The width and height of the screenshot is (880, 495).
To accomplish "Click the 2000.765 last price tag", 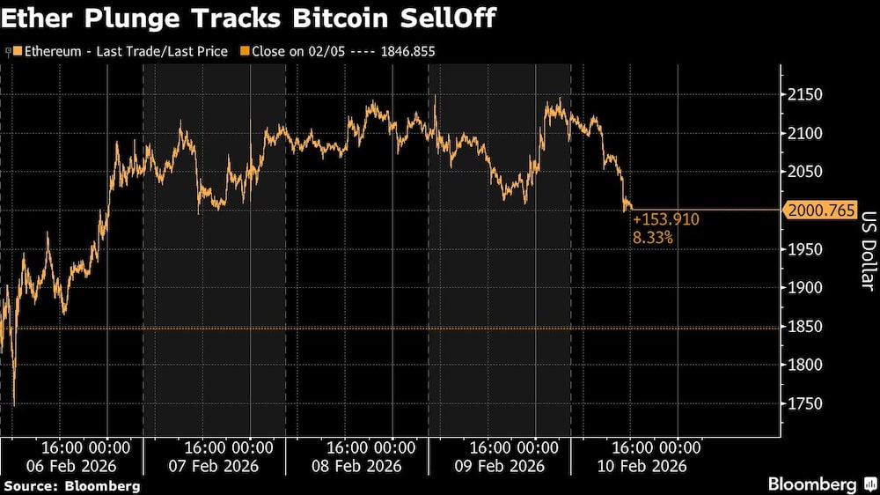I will pos(816,211).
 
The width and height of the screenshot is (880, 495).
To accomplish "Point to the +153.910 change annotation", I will pos(665,218).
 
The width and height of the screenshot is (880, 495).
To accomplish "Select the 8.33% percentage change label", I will pos(654,237).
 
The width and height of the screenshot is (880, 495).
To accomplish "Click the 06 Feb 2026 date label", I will pos(72,466).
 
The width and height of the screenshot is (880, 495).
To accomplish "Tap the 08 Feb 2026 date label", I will pos(359,466).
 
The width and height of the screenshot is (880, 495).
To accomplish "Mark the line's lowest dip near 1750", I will pos(14,404).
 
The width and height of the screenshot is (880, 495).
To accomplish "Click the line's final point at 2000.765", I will pos(630,210).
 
